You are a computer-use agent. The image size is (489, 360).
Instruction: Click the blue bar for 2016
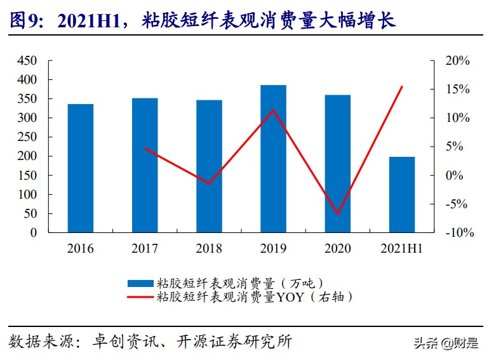click(81, 168)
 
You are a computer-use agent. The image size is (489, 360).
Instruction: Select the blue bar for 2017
click(145, 165)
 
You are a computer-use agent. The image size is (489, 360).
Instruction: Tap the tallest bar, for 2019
click(273, 159)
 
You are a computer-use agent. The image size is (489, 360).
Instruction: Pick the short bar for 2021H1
click(401, 194)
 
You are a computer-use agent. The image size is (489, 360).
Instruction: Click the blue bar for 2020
click(337, 164)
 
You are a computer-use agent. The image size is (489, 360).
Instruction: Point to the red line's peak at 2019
click(273, 110)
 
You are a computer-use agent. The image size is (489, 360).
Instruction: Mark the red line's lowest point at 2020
click(338, 214)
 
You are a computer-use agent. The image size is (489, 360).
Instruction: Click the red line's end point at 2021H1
click(403, 86)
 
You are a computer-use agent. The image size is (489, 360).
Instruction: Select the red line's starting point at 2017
click(145, 148)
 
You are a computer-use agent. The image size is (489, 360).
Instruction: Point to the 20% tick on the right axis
click(457, 61)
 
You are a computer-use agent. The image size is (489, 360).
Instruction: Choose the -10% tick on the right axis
click(459, 233)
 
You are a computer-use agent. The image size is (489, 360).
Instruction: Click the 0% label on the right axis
click(454, 176)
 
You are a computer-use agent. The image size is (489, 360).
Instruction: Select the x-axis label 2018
click(209, 248)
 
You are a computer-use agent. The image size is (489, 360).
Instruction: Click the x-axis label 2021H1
click(401, 248)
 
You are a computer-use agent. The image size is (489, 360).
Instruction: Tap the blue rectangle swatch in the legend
click(149, 283)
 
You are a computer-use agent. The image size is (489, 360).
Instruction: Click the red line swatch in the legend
click(149, 296)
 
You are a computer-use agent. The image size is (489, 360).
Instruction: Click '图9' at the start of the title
click(24, 20)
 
